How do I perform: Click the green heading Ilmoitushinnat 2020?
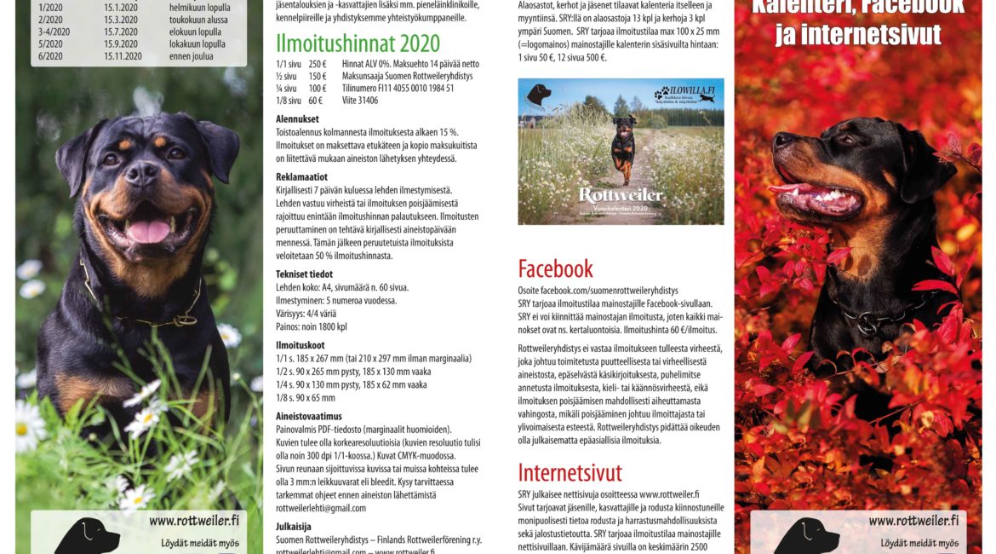pyautogui.click(x=358, y=43)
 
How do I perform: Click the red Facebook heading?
pyautogui.click(x=555, y=269)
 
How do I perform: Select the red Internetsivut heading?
pyautogui.click(x=570, y=472)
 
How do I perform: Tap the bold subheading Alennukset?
pyautogui.click(x=297, y=119)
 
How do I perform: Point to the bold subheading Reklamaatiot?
pyautogui.click(x=303, y=176)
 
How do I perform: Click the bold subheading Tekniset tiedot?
pyautogui.click(x=304, y=274)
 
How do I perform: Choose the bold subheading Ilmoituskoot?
pyautogui.click(x=300, y=344)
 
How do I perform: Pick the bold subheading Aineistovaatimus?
pyautogui.click(x=309, y=416)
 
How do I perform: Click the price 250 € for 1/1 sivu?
pyautogui.click(x=318, y=64)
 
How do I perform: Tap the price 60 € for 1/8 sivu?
pyautogui.click(x=315, y=101)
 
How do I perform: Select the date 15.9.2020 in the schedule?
pyautogui.click(x=122, y=43)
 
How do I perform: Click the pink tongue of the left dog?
pyautogui.click(x=150, y=230)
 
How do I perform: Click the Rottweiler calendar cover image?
pyautogui.click(x=621, y=152)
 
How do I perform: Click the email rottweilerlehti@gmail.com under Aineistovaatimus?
pyautogui.click(x=321, y=508)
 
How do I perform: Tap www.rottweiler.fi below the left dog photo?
pyautogui.click(x=185, y=521)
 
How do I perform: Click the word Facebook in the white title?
pyautogui.click(x=912, y=8)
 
